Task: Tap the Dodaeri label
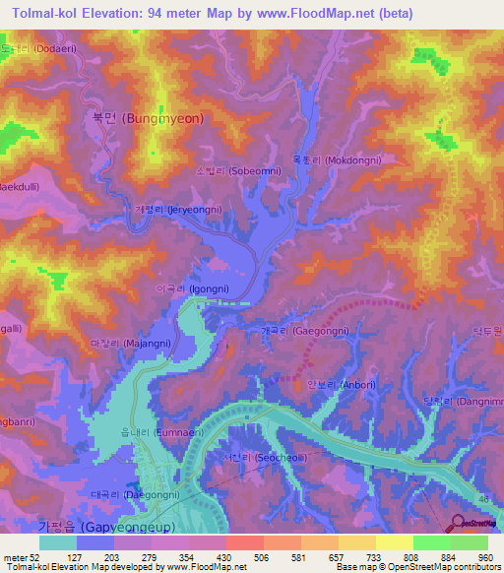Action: pos(33,47)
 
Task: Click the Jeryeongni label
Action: pos(178,210)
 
